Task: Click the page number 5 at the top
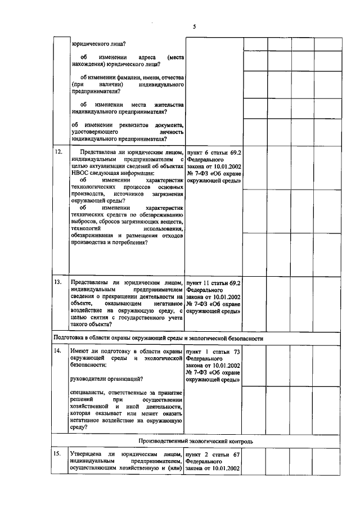pyautogui.click(x=193, y=26)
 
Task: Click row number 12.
pyautogui.click(x=58, y=152)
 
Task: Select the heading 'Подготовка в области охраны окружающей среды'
pyautogui.click(x=158, y=339)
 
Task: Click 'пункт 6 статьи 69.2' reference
pyautogui.click(x=213, y=152)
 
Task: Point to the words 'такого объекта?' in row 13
pyautogui.click(x=90, y=325)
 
